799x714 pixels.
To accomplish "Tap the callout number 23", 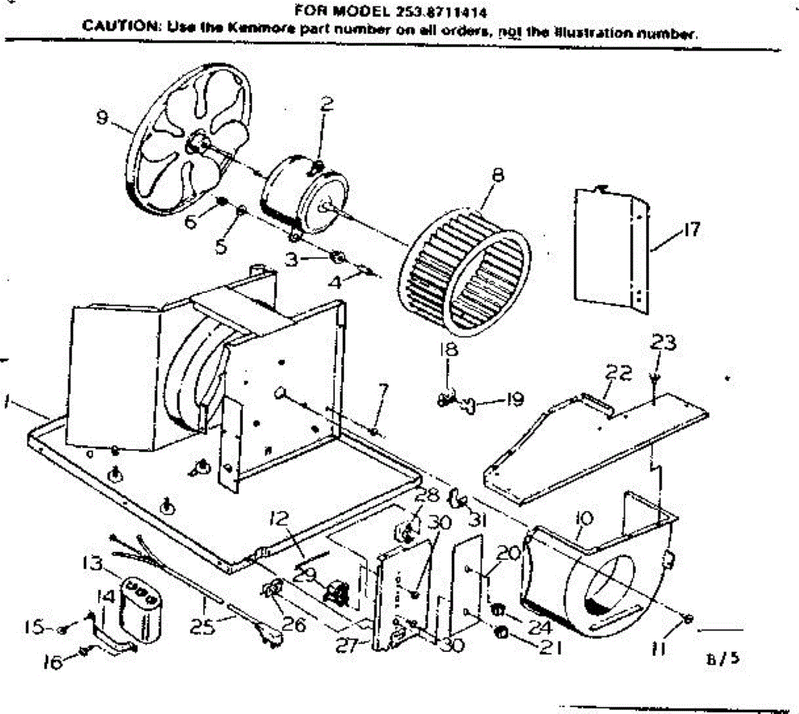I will pos(663,344).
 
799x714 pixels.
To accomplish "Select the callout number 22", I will pos(619,373).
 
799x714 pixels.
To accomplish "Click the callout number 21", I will pos(547,647).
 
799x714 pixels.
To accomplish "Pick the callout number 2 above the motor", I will pos(326,105).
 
